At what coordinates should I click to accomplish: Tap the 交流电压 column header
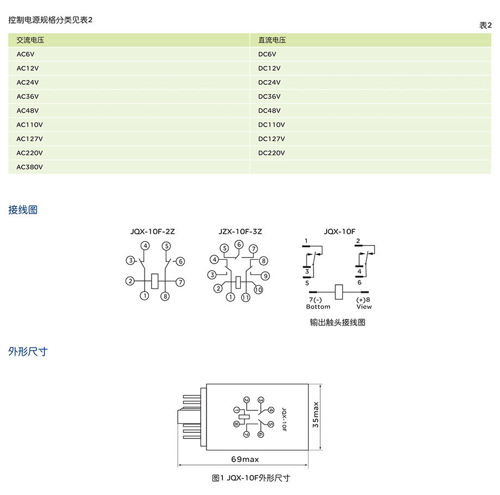[x=30, y=40]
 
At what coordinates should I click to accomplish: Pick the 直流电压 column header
[x=272, y=40]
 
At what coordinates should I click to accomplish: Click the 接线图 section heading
[x=23, y=210]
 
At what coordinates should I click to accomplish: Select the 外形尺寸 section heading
[x=28, y=352]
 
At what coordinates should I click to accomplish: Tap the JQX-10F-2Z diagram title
[x=152, y=231]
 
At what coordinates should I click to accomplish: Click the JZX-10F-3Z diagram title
[x=240, y=231]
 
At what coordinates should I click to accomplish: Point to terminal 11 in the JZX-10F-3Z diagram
[x=246, y=297]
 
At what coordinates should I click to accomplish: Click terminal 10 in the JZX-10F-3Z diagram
[x=258, y=290]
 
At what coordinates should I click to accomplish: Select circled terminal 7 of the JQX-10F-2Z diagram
[x=180, y=282]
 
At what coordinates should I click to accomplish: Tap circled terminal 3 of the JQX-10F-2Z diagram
[x=130, y=260]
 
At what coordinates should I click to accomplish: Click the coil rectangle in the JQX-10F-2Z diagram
[x=155, y=281]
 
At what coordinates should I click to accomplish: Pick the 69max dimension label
[x=245, y=459]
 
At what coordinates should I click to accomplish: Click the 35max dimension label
[x=315, y=414]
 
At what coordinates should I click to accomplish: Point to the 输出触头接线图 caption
[x=337, y=322]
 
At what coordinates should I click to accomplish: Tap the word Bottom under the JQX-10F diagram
[x=318, y=307]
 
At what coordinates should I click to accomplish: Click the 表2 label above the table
[x=485, y=25]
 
